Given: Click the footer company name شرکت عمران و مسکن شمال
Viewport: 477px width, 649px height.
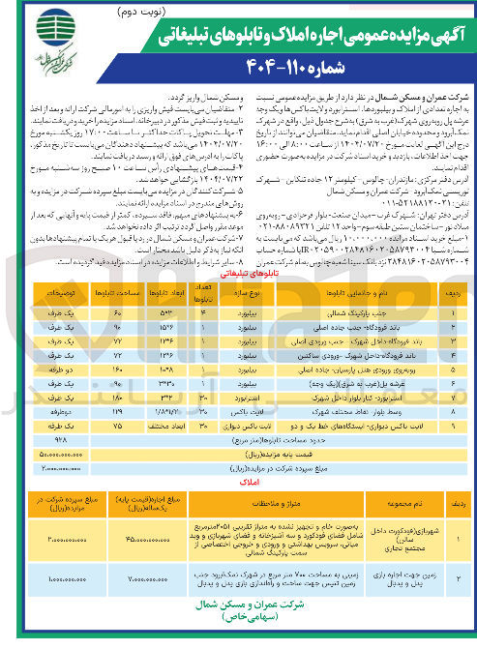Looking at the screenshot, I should coord(239,626).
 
